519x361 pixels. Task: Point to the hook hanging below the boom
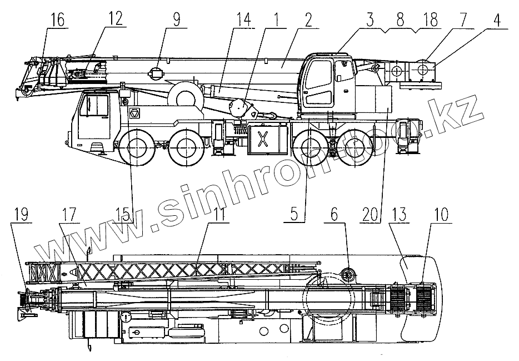271,115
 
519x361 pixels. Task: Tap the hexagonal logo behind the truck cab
134,113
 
